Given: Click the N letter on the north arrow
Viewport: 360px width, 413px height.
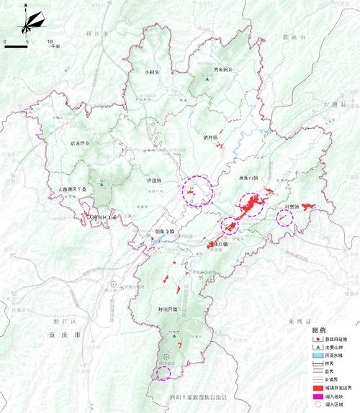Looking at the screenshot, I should click(25, 6).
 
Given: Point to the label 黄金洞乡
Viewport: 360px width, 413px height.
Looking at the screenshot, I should click(222, 70).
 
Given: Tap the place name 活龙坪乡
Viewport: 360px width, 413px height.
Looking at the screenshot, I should click(80, 143).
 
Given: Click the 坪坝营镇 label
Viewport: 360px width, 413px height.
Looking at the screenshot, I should click(167, 309).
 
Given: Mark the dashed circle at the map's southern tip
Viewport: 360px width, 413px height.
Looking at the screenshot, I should click(163, 371).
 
